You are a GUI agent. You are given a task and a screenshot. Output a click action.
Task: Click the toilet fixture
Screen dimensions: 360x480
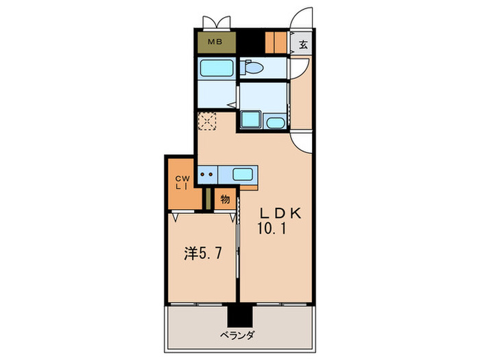[252, 68]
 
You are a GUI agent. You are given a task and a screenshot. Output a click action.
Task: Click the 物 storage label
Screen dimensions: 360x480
[224, 200]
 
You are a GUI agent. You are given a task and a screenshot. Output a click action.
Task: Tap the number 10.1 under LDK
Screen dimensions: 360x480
[273, 229]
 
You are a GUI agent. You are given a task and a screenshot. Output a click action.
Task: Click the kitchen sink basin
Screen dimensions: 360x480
[243, 174]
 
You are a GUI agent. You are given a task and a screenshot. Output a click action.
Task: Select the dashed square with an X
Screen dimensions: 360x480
[206, 121]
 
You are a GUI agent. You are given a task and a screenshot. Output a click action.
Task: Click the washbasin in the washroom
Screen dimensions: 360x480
[276, 123]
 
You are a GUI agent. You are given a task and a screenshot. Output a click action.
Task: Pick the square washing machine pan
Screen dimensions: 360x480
[250, 121]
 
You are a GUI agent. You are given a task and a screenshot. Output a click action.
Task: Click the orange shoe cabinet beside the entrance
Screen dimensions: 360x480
[276, 43]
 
